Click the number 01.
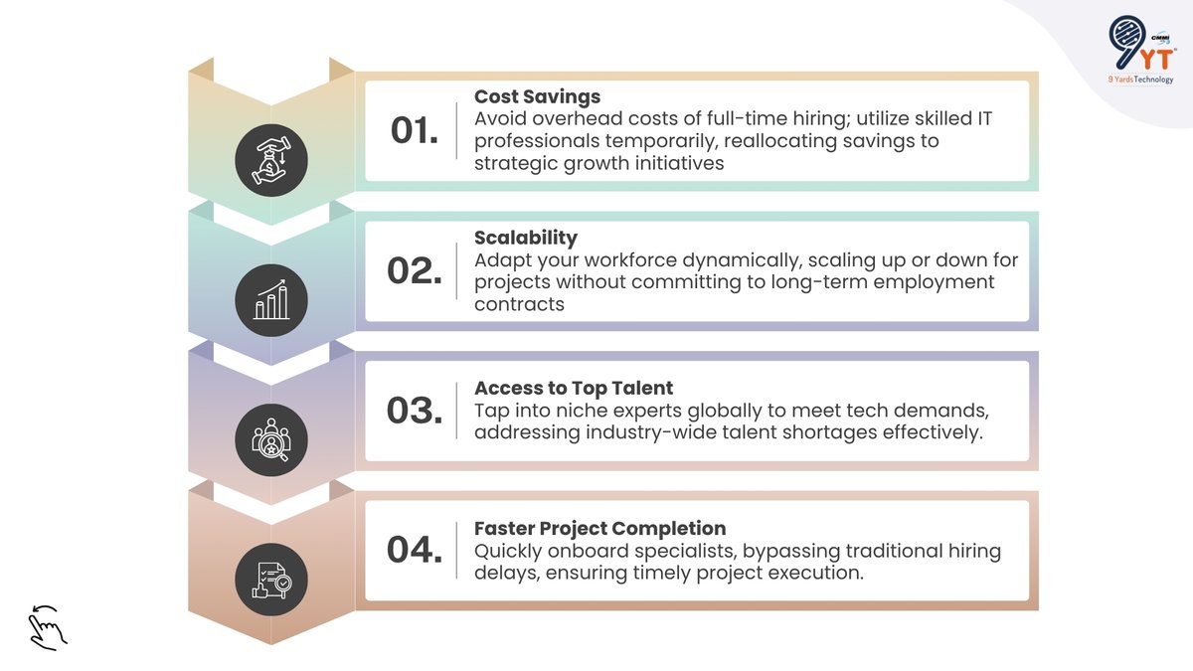414,130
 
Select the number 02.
414,270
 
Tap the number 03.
414,411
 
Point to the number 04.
414,550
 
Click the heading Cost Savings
537,96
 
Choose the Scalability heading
525,238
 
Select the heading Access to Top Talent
573,389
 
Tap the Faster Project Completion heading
599,529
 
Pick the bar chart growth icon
271,299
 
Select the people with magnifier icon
271,439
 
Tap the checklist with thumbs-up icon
271,580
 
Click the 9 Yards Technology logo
1140,51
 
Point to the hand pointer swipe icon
46,625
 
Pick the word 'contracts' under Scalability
519,304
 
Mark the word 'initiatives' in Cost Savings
668,163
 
